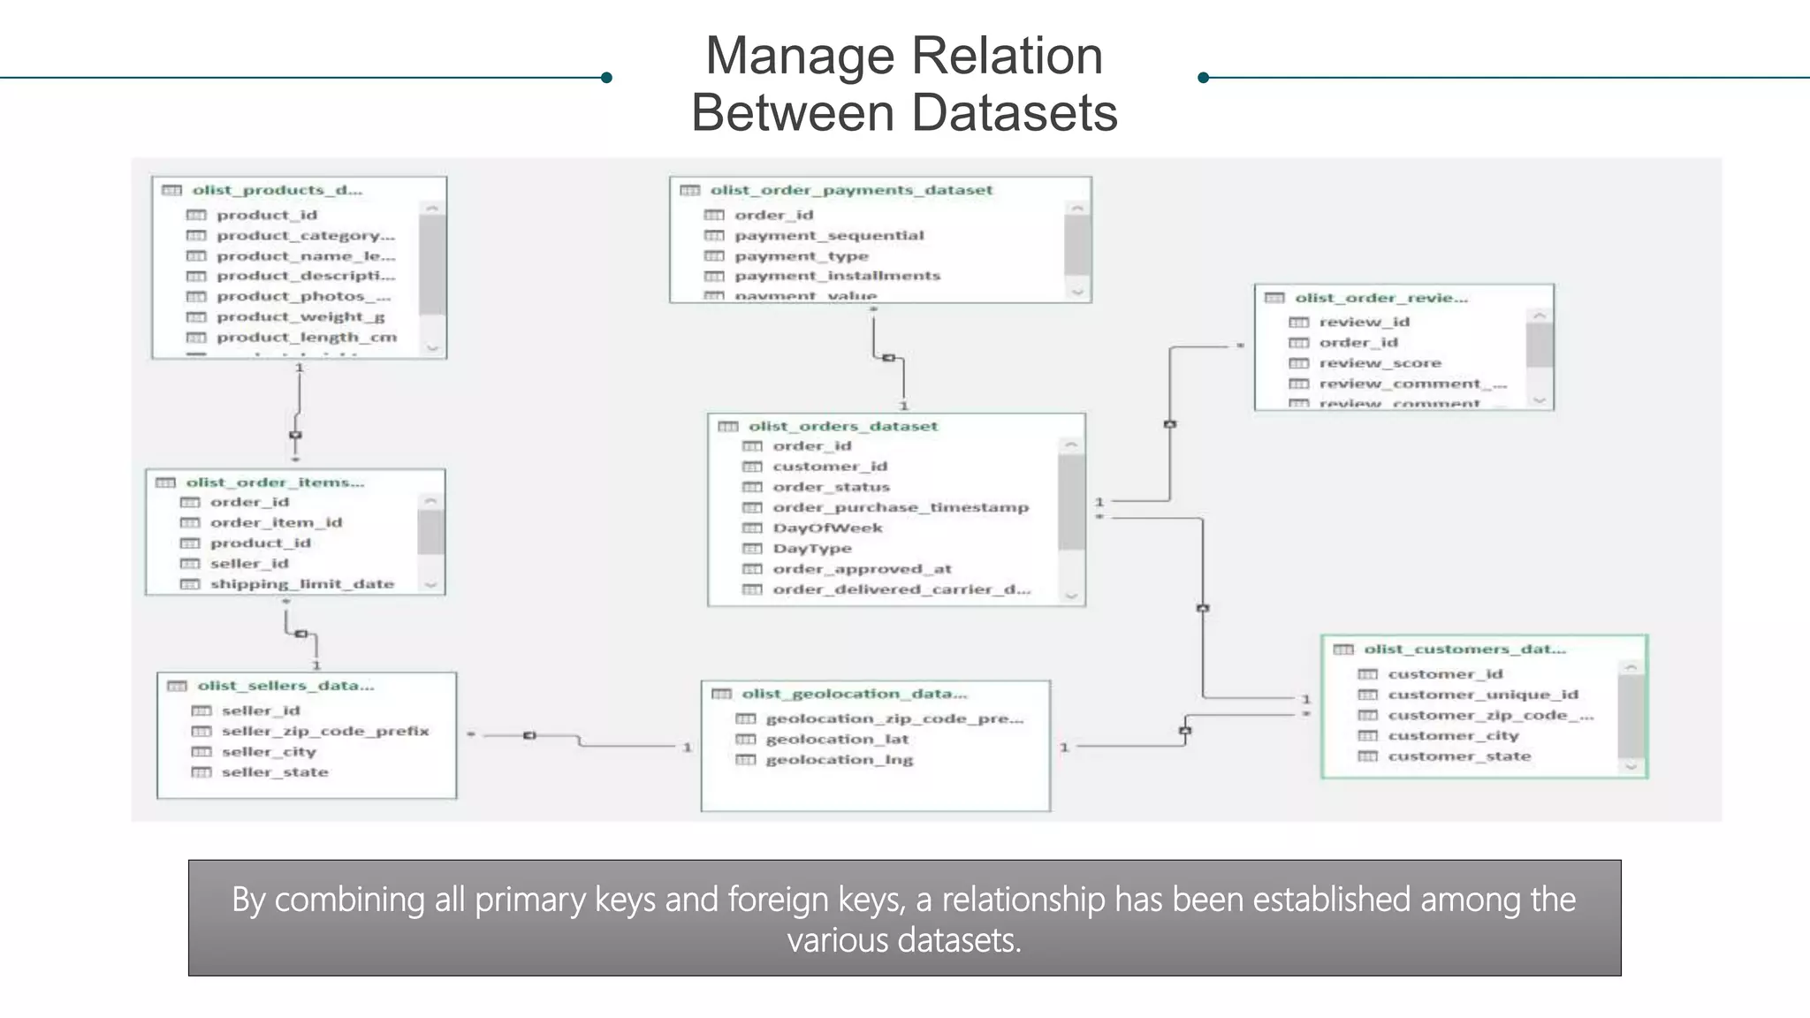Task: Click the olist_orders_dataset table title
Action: click(x=842, y=426)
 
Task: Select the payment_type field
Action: click(x=801, y=256)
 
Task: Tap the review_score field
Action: click(x=1380, y=363)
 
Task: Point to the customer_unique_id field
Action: click(x=1482, y=695)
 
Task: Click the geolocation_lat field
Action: click(x=836, y=740)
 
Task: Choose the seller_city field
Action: click(x=268, y=752)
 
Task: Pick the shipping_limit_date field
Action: click(x=301, y=584)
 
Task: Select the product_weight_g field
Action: click(x=300, y=317)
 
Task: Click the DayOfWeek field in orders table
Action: click(x=827, y=528)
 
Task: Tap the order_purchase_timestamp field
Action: click(x=900, y=508)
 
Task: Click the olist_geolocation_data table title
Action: click(x=854, y=695)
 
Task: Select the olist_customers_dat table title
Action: click(x=1464, y=650)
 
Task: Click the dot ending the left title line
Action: click(x=606, y=78)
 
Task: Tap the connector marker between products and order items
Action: click(x=295, y=436)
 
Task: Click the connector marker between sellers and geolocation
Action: click(x=529, y=735)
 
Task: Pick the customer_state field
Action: click(x=1458, y=756)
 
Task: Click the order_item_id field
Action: click(x=275, y=523)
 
